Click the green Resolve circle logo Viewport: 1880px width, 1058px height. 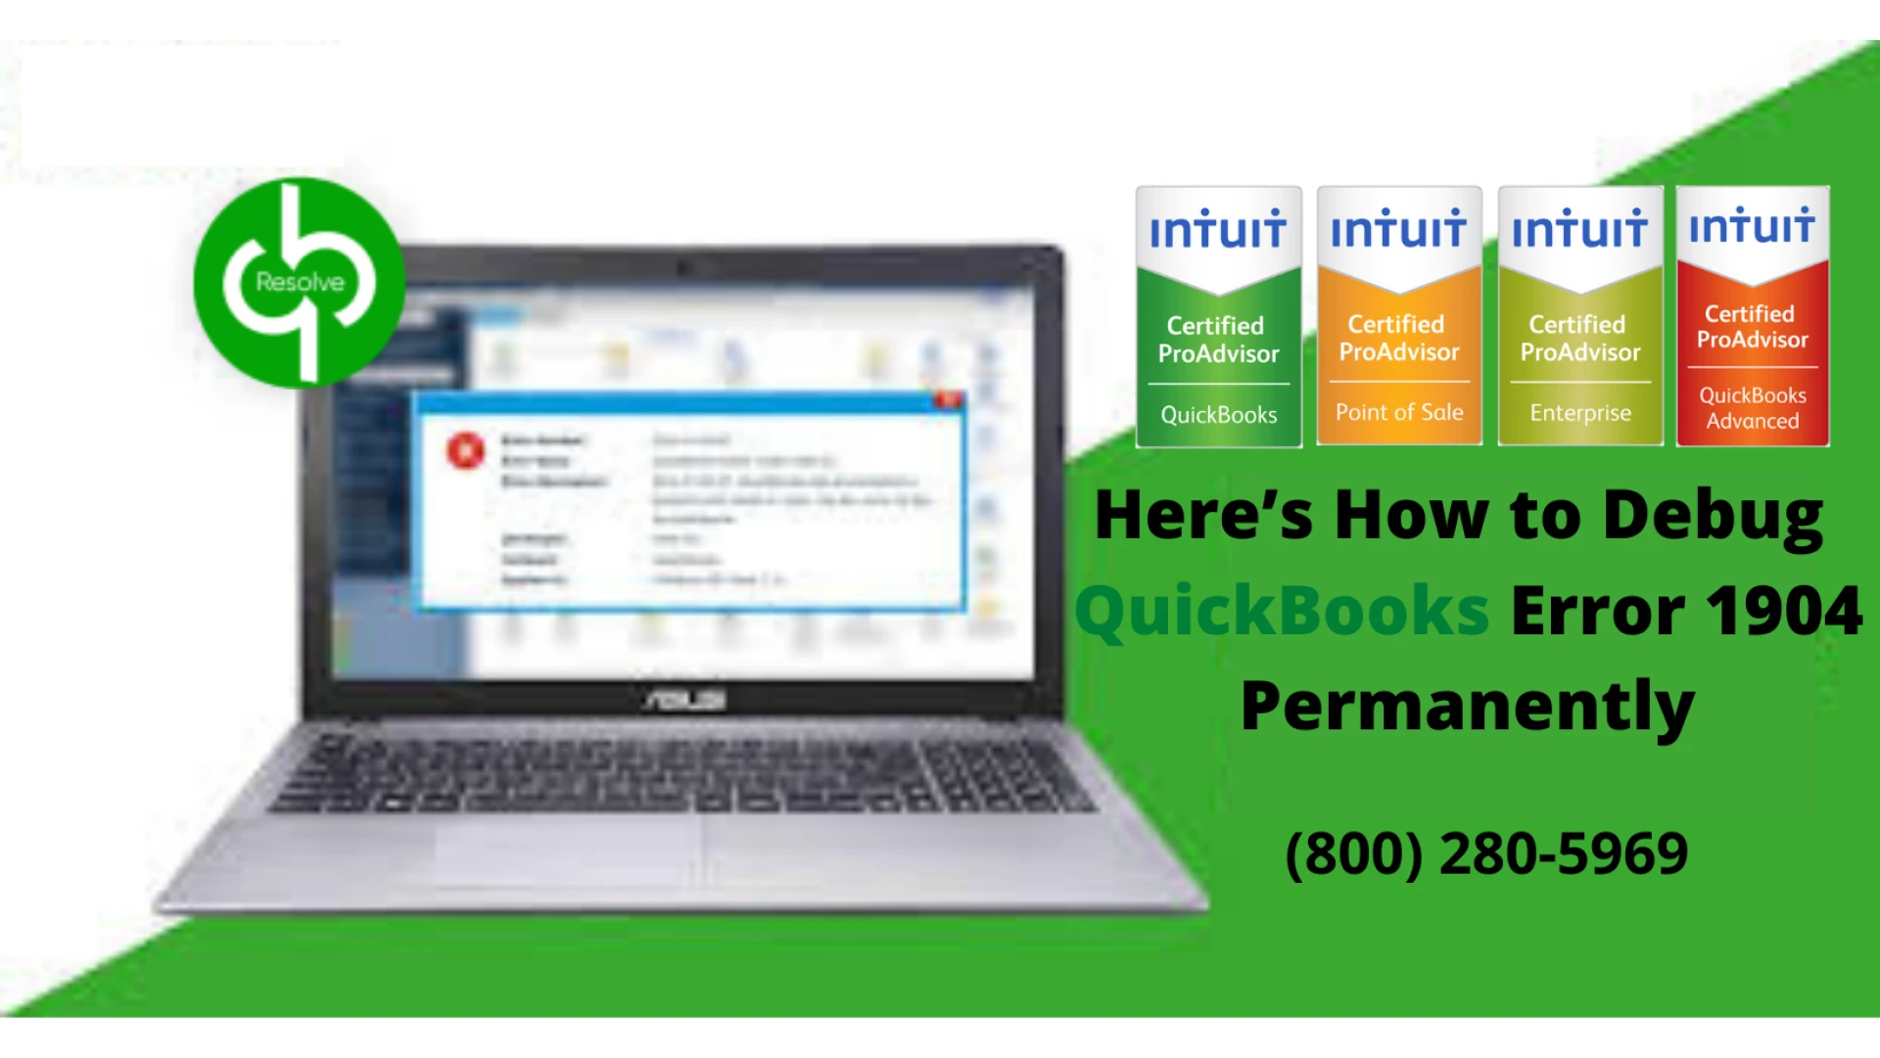tap(299, 283)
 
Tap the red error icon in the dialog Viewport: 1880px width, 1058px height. tap(466, 450)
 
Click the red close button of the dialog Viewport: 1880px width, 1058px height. tap(948, 400)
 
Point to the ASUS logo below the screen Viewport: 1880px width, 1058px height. tap(684, 701)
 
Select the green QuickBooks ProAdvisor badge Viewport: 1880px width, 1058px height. tap(1218, 317)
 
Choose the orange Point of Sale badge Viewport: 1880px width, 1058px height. tap(1399, 317)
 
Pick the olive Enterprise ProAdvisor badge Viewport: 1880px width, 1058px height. tap(1580, 317)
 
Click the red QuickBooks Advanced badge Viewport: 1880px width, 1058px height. tap(1753, 317)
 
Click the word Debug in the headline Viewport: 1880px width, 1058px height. tap(1714, 516)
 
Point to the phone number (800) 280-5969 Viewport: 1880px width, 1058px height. tap(1486, 853)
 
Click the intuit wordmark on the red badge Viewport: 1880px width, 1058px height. tap(1753, 226)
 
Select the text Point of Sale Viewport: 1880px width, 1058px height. tap(1399, 413)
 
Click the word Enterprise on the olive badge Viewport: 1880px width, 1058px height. tap(1580, 413)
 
